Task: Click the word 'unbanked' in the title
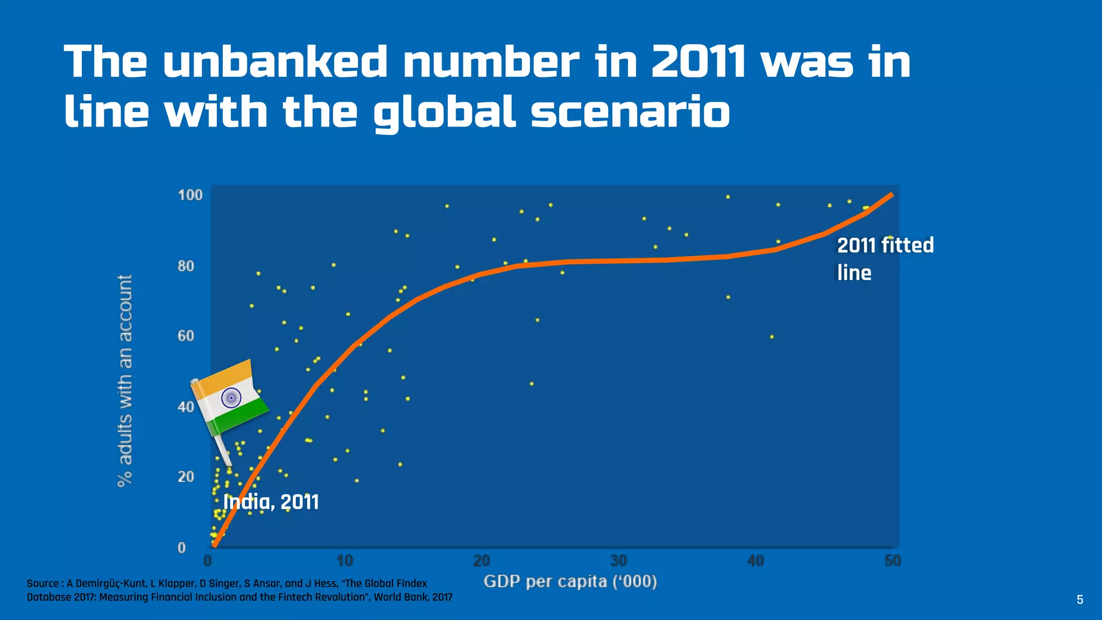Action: point(275,62)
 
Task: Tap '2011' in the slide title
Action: point(698,62)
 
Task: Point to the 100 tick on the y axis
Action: point(190,195)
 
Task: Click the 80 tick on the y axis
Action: point(186,266)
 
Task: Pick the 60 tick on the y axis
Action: point(186,336)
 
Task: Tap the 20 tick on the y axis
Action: point(186,477)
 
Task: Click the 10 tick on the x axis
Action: point(345,561)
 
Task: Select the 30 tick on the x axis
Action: point(619,561)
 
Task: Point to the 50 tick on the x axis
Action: point(892,561)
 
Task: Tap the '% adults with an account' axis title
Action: point(125,381)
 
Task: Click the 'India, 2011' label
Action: point(271,502)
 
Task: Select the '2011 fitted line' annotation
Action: point(885,258)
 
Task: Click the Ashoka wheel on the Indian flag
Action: point(231,398)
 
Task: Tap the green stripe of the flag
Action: point(239,417)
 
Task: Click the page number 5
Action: point(1079,600)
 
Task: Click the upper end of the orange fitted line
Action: point(891,194)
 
